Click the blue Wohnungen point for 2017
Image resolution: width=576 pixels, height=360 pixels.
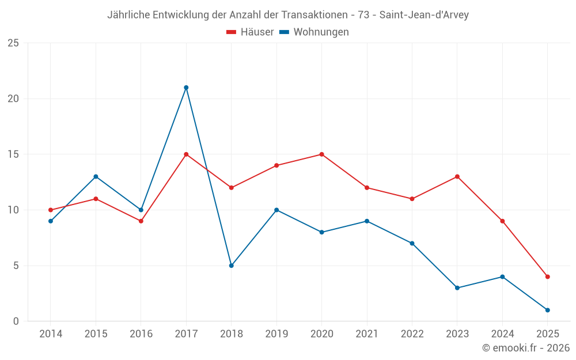pos(186,88)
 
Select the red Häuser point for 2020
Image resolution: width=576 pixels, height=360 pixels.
pos(321,154)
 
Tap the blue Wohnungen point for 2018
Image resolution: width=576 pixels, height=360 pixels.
pos(231,266)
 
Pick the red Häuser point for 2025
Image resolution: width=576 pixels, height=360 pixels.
pos(547,276)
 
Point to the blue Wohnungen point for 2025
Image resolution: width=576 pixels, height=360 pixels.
pos(547,310)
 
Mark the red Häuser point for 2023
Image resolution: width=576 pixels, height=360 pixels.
pos(457,176)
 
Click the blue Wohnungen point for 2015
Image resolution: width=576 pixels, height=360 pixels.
pos(96,176)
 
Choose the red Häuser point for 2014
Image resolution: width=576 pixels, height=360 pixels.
pos(51,210)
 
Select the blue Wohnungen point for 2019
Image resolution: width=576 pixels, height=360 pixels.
pos(276,210)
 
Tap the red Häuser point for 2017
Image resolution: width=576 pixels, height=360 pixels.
pos(186,154)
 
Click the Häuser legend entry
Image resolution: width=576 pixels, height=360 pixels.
pos(250,32)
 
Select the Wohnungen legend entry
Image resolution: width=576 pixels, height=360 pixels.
pos(314,32)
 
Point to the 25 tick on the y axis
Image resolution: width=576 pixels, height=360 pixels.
pos(13,43)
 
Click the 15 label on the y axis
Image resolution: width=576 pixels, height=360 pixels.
pos(13,154)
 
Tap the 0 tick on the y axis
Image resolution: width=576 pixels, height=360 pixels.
pos(16,321)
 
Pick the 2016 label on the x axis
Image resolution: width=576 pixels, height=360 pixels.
pos(141,334)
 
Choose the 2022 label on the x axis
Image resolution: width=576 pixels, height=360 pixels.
pos(412,334)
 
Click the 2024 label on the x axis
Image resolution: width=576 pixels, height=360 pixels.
pos(502,334)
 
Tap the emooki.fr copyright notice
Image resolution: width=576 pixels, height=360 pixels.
pos(526,348)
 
